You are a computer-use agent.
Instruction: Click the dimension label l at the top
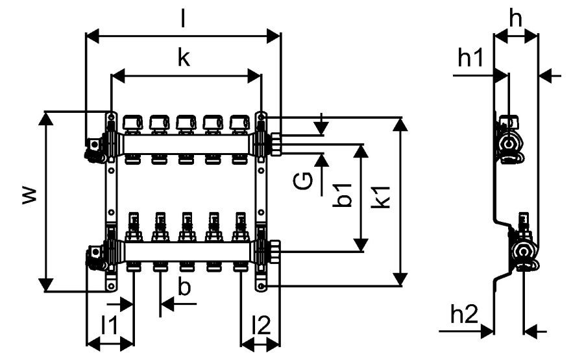tap(183, 19)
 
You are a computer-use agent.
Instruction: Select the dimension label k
tap(184, 58)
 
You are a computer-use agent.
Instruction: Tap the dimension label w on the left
tap(30, 195)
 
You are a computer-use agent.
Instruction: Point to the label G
tap(302, 182)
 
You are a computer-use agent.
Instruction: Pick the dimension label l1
tap(110, 326)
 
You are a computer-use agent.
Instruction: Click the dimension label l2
tap(261, 326)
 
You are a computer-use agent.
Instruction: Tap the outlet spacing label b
tap(184, 287)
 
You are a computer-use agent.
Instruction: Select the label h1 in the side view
tap(470, 58)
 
